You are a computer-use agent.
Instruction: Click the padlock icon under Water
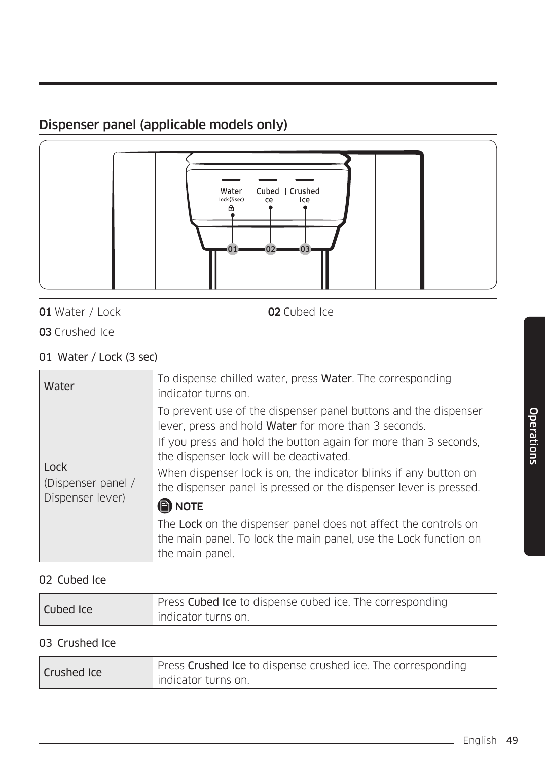(x=231, y=208)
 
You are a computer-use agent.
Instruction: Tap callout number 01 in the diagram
(x=233, y=249)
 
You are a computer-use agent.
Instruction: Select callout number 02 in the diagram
(x=270, y=249)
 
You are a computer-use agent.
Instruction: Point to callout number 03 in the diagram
(x=305, y=249)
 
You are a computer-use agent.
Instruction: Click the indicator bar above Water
(x=231, y=179)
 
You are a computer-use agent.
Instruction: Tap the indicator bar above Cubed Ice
(x=268, y=179)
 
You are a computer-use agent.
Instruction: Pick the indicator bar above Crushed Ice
(x=305, y=179)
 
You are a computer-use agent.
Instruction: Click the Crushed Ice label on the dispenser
(x=305, y=195)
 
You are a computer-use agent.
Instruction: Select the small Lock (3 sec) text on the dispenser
(x=231, y=200)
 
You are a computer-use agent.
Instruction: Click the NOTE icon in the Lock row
(x=165, y=506)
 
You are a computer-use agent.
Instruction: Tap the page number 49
(x=512, y=740)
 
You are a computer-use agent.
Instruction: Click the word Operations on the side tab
(x=533, y=436)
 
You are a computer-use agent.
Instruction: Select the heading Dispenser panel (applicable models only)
(x=163, y=125)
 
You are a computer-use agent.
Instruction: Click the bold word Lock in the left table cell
(x=55, y=467)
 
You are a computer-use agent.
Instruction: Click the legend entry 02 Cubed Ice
(x=301, y=312)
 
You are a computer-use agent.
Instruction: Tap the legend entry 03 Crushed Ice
(x=77, y=332)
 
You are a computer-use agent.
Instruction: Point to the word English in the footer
(x=480, y=740)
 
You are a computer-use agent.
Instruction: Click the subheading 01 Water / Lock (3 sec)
(x=98, y=357)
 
